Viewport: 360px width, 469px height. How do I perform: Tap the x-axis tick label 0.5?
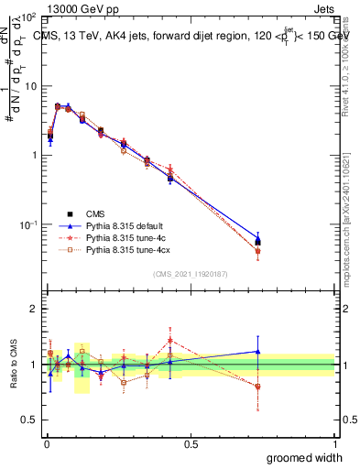tap(191, 442)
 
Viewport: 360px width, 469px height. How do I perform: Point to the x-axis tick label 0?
tap(46, 442)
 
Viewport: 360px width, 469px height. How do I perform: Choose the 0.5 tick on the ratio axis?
tap(31, 420)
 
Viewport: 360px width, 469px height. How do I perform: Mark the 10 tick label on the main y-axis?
tap(30, 85)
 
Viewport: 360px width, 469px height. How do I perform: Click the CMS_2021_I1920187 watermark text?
tap(191, 274)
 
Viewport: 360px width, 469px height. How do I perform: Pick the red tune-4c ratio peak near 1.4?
tap(170, 340)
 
